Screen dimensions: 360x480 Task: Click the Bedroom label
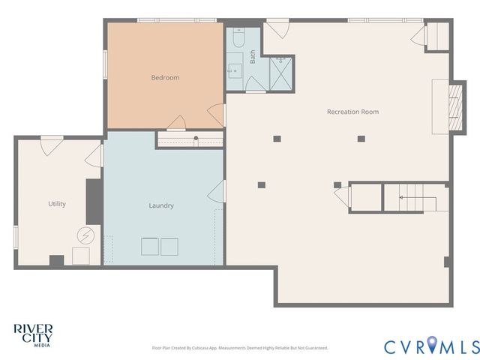click(165, 77)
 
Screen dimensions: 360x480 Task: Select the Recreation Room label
click(352, 112)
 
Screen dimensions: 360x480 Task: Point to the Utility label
click(57, 204)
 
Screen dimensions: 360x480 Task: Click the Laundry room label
click(161, 205)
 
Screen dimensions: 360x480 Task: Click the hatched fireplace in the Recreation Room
click(452, 106)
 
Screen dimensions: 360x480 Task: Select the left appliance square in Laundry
click(150, 247)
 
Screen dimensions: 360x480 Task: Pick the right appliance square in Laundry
click(169, 247)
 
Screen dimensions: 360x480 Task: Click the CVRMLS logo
click(431, 346)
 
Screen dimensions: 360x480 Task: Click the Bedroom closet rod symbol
click(196, 139)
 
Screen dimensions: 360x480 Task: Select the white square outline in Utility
click(80, 256)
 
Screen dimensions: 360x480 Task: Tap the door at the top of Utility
click(52, 145)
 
